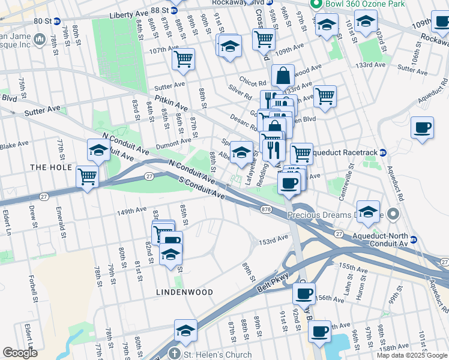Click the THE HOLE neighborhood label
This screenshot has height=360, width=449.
pyautogui.click(x=51, y=167)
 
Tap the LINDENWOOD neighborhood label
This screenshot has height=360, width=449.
pyautogui.click(x=184, y=292)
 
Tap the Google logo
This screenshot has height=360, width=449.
pyautogui.click(x=20, y=353)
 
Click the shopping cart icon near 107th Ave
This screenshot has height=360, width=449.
pyautogui.click(x=183, y=59)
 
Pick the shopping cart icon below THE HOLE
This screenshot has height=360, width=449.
pyautogui.click(x=88, y=177)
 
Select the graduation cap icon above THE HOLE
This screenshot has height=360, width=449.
pyautogui.click(x=98, y=150)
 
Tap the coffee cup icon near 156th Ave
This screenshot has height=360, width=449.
pyautogui.click(x=304, y=293)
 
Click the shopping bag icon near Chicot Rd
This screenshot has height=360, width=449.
pyautogui.click(x=282, y=76)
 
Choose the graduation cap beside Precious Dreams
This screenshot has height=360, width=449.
pyautogui.click(x=368, y=211)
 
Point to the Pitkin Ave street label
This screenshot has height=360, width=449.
pyautogui.click(x=171, y=102)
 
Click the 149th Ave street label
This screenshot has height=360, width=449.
pyautogui.click(x=132, y=211)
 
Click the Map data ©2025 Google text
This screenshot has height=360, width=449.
pyautogui.click(x=411, y=355)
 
